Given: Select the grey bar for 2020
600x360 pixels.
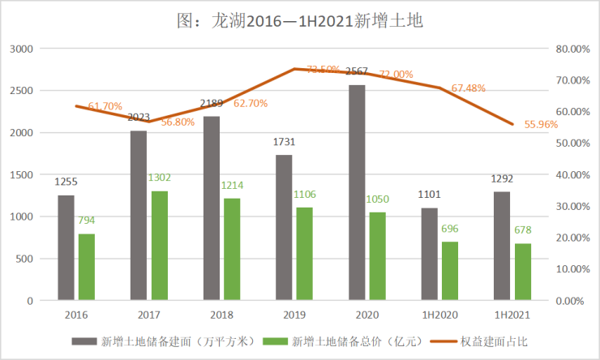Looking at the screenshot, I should [x=357, y=192].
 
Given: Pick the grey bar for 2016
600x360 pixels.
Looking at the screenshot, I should [x=66, y=247].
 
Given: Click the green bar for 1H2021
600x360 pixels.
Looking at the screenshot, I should [x=524, y=272].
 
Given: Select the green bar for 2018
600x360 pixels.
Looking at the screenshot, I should [x=232, y=249].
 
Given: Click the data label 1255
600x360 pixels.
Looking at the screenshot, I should [x=66, y=183].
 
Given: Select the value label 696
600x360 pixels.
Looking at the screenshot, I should [x=450, y=229].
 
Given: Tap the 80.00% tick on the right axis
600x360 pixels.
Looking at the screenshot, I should [x=572, y=49].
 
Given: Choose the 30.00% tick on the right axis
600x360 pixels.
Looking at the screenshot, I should [x=572, y=206].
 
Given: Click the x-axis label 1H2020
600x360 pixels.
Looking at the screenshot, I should [x=439, y=314].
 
